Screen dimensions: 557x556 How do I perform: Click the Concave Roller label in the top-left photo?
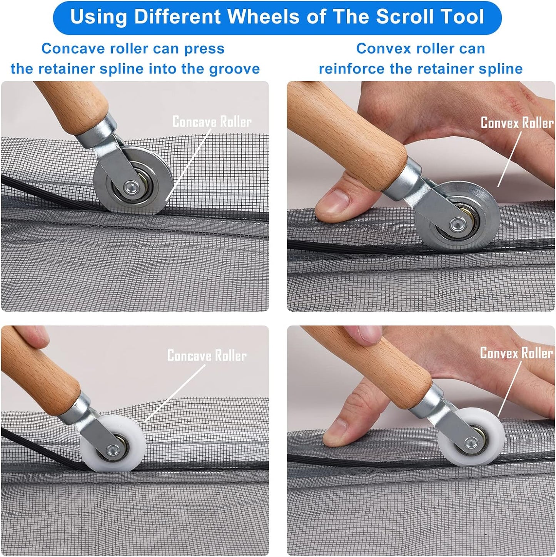pyautogui.click(x=212, y=122)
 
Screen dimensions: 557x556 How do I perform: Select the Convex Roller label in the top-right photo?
pyautogui.click(x=517, y=123)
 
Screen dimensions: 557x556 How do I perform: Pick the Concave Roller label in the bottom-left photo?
pyautogui.click(x=207, y=356)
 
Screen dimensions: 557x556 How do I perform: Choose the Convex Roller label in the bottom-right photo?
pyautogui.click(x=516, y=353)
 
